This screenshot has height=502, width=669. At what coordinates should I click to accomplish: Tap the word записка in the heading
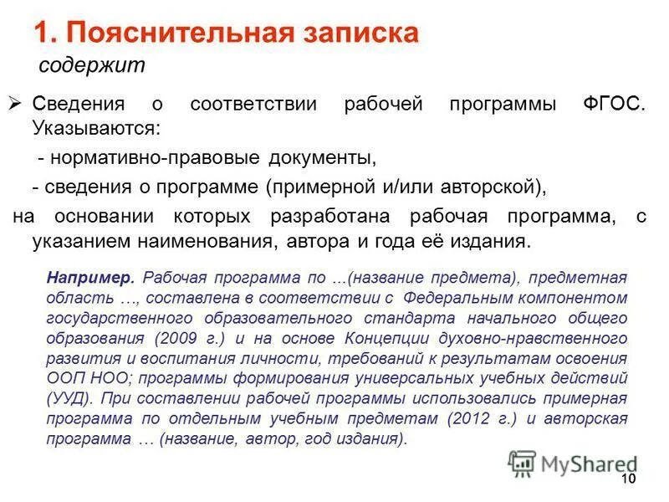pyautogui.click(x=363, y=33)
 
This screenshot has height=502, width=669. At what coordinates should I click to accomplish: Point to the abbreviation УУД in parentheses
pyautogui.click(x=64, y=398)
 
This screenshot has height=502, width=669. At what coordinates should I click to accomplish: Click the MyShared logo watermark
pyautogui.click(x=572, y=464)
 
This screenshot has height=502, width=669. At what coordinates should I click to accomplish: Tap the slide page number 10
pyautogui.click(x=628, y=478)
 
